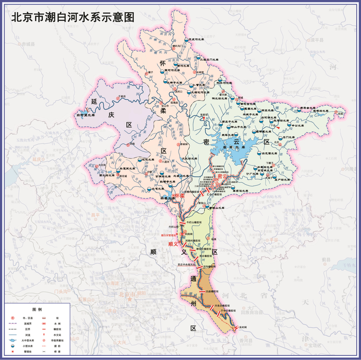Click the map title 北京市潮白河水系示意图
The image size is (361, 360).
73,16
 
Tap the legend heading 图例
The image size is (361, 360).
37,310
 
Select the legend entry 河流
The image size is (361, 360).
27,334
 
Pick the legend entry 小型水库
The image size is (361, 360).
27,346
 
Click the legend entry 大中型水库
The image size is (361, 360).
27,340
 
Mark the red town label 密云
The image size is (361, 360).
223,176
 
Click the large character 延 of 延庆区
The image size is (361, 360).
93,101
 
